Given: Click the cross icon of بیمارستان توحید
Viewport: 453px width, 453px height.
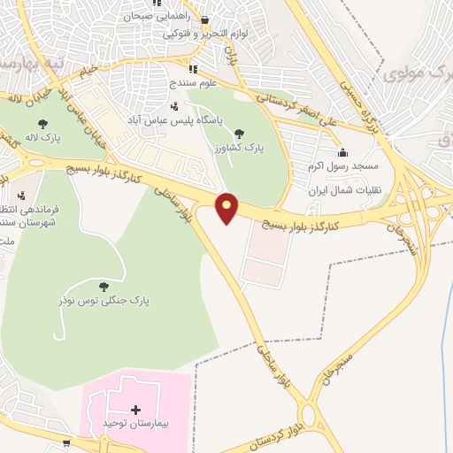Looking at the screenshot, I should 135,410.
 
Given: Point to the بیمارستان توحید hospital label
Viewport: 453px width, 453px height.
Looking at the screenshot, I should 134,423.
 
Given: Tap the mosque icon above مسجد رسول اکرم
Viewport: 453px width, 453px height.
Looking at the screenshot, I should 342,153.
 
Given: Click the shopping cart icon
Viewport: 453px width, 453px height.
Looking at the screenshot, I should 66,441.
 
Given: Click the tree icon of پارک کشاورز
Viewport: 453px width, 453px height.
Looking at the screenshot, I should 240,133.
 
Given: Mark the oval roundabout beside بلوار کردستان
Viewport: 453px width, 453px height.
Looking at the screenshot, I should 310,416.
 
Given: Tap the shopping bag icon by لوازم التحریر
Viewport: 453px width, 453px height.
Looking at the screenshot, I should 205,20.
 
